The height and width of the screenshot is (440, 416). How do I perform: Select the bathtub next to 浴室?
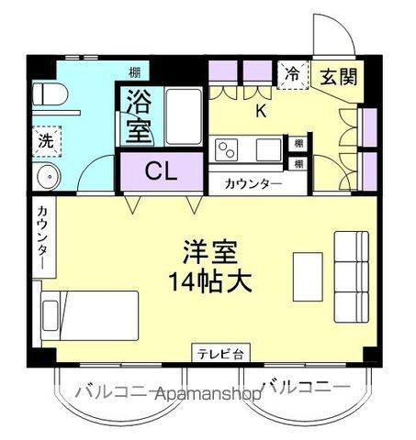coord(184,117)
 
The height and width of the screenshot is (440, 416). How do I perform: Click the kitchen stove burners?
coord(226,148)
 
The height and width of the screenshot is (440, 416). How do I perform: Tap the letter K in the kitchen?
coord(261,112)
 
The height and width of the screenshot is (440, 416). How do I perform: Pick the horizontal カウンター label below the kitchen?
coord(253,183)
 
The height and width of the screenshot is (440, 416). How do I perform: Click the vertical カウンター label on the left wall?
coord(42,237)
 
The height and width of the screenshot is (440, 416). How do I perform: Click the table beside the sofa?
coord(308,272)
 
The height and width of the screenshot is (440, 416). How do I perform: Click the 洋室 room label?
coord(211,251)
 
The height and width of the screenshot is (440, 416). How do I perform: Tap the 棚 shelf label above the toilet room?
coord(135,71)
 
